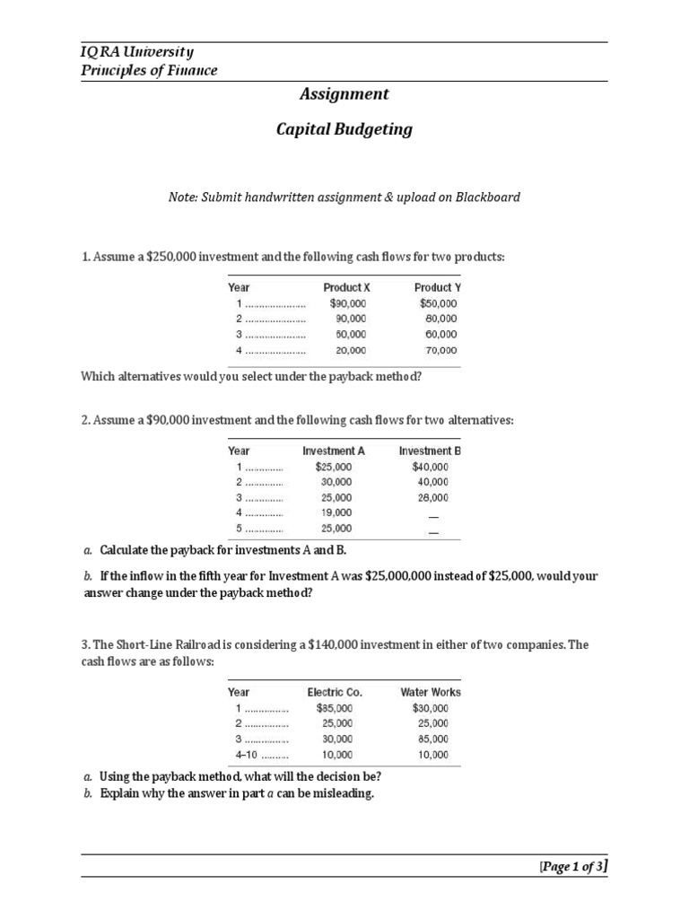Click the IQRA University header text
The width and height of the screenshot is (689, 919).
(x=137, y=52)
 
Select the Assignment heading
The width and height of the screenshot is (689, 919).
(x=344, y=93)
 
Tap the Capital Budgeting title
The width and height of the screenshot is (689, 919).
(x=344, y=129)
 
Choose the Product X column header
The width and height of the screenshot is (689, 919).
(x=346, y=287)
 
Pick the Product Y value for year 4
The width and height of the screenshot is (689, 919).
(x=440, y=351)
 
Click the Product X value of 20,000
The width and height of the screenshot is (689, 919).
(x=351, y=351)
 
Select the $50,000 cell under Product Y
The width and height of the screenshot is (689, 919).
(x=438, y=303)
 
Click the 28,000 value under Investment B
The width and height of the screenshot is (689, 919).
(x=432, y=497)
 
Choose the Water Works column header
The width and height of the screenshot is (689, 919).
(x=431, y=692)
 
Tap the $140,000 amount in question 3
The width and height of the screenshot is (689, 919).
(x=382, y=645)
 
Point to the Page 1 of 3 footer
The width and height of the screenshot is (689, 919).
(x=573, y=865)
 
